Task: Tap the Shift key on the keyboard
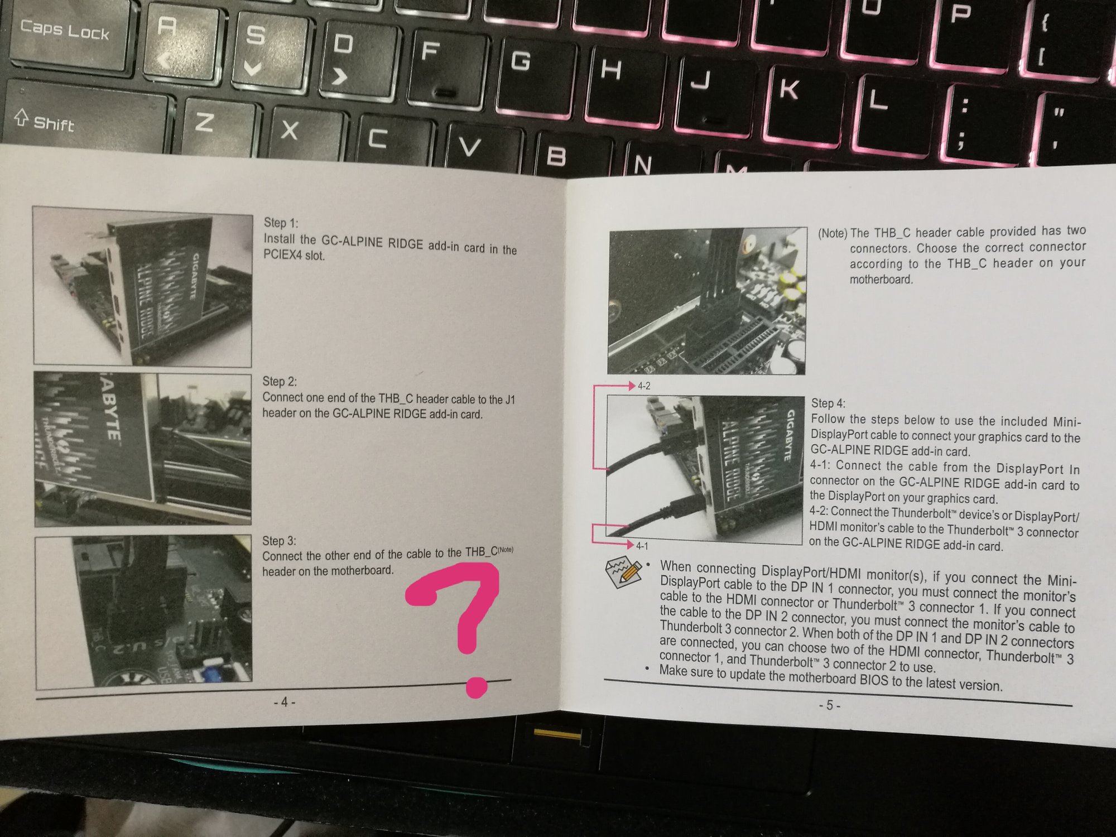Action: point(84,120)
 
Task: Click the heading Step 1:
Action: point(281,223)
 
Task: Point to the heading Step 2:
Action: point(280,381)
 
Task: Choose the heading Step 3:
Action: point(279,541)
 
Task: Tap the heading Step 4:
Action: point(828,403)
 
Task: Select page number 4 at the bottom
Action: point(284,702)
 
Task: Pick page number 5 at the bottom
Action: point(830,706)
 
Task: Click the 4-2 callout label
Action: point(644,386)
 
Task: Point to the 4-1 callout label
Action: point(642,546)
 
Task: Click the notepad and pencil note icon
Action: point(624,574)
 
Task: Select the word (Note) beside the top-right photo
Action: point(833,233)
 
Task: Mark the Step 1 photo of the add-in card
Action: point(142,286)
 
